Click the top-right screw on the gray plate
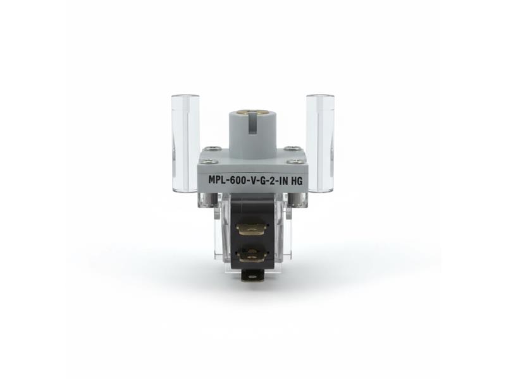coord(292,148)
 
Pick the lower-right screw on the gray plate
coord(294,162)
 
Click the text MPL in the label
coord(218,180)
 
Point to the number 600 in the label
coord(240,180)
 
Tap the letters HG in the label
coord(295,180)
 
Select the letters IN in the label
coord(281,180)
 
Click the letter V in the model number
coord(254,180)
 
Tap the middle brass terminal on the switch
coord(252,255)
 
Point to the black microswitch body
coord(253,208)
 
